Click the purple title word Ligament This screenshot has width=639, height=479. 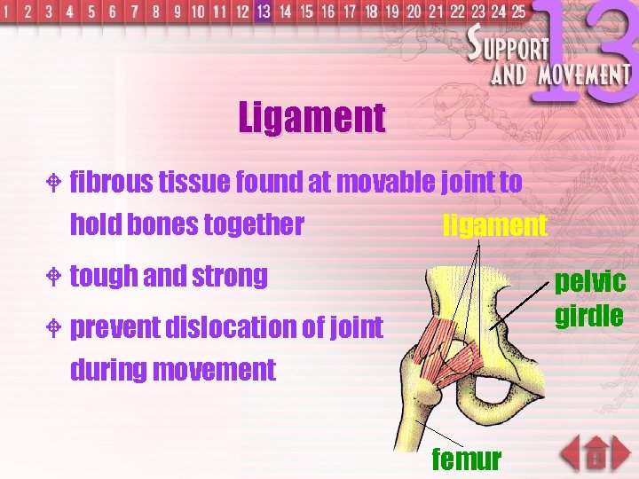312,117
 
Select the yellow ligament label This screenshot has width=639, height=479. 494,225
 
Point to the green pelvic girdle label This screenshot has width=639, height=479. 590,299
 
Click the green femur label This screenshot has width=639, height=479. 466,459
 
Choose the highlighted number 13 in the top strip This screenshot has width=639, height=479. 263,12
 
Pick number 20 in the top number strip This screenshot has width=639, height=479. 414,12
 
